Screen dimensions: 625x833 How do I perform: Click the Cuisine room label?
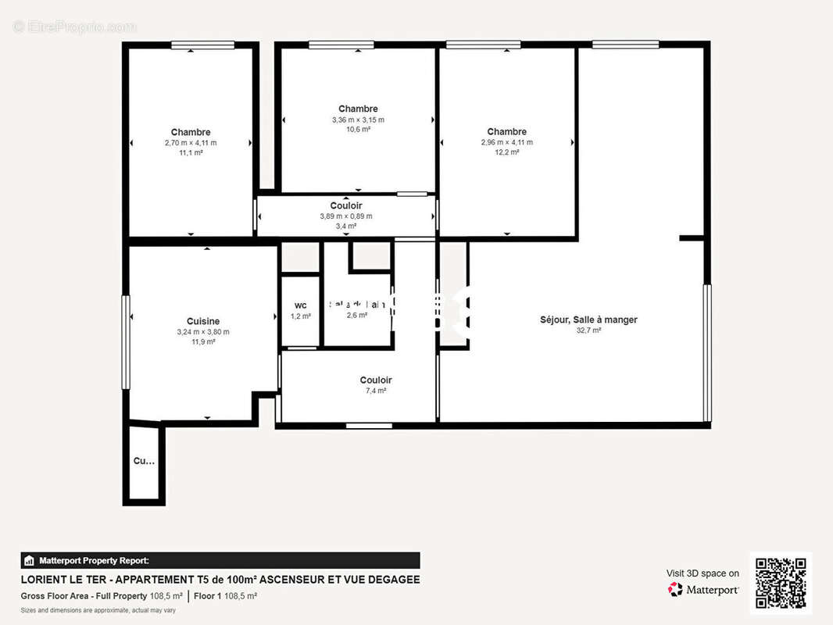tap(202, 321)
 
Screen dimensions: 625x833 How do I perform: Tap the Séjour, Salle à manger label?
tap(588, 320)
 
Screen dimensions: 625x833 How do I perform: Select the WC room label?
tap(301, 305)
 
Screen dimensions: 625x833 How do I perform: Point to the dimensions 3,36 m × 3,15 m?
tap(358, 120)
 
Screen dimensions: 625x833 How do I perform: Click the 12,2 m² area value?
tap(506, 152)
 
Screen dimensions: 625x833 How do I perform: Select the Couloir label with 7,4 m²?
tap(376, 380)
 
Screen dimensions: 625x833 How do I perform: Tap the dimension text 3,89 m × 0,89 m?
tap(345, 216)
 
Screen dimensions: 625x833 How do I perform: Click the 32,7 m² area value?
tap(588, 330)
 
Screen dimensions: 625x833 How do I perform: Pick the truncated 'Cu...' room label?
tap(144, 461)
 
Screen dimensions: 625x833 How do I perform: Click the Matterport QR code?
tap(781, 583)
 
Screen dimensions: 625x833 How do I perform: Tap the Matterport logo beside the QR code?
tap(703, 590)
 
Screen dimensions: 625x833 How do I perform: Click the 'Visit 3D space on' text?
tap(703, 573)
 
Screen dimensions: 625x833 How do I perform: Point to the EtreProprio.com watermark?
tap(74, 27)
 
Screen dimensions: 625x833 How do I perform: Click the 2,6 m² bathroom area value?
tap(357, 316)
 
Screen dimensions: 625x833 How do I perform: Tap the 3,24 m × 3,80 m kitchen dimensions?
tap(202, 332)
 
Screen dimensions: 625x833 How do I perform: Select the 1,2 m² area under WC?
tap(301, 316)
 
